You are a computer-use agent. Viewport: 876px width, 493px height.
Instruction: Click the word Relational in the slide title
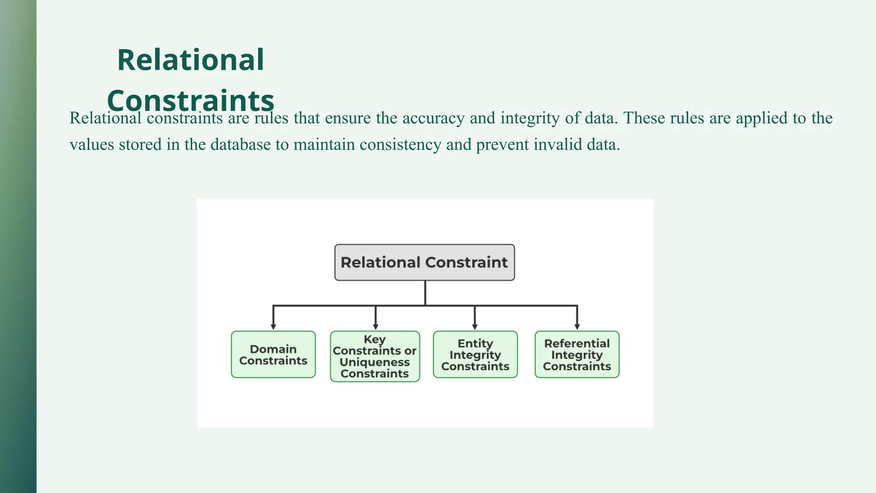tap(190, 60)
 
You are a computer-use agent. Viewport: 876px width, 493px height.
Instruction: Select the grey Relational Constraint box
tap(424, 262)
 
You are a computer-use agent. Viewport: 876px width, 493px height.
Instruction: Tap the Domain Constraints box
tap(273, 354)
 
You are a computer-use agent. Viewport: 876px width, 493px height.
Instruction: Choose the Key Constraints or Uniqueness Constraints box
tap(375, 356)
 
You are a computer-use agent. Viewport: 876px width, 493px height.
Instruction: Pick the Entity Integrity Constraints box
tap(475, 354)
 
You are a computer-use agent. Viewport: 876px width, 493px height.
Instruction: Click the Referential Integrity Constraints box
tap(577, 354)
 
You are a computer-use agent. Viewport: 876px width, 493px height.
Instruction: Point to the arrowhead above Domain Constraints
tap(273, 327)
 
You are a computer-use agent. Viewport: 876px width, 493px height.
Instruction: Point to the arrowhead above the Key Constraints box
tap(376, 327)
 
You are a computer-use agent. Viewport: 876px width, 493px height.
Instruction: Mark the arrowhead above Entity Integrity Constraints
tap(475, 327)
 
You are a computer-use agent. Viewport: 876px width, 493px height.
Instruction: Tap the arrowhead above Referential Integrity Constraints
tap(577, 327)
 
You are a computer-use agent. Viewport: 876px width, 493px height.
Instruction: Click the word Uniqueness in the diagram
tap(375, 362)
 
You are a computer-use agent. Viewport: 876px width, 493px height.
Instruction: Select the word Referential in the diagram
tap(577, 343)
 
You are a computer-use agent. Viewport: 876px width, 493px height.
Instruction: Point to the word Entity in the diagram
tap(475, 343)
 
